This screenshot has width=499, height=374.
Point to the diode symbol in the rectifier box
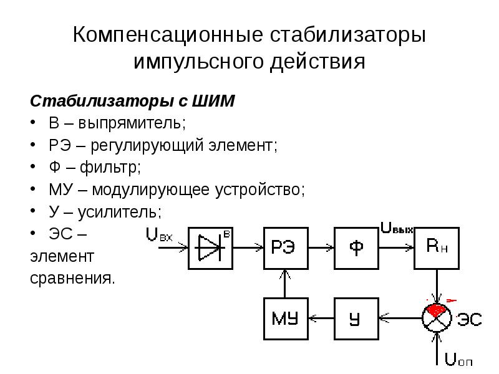pos(211,247)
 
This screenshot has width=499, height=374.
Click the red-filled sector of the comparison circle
pos(435,310)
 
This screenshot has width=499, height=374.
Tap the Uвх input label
pos(159,235)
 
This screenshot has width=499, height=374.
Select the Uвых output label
pos(397,228)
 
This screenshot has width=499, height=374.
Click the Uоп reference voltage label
pos(458,360)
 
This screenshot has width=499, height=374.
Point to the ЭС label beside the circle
pos(470,319)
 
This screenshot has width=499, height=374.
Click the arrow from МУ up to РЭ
pos(285,284)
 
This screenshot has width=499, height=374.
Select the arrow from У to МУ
pos(321,318)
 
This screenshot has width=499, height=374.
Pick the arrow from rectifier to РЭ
pos(248,247)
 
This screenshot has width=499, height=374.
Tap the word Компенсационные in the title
pos(168,34)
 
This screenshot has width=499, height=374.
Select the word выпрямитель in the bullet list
pos(132,123)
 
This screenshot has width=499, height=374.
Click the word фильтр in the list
pos(110,167)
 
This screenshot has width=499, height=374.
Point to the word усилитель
pos(120,212)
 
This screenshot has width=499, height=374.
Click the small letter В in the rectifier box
pos(226,234)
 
